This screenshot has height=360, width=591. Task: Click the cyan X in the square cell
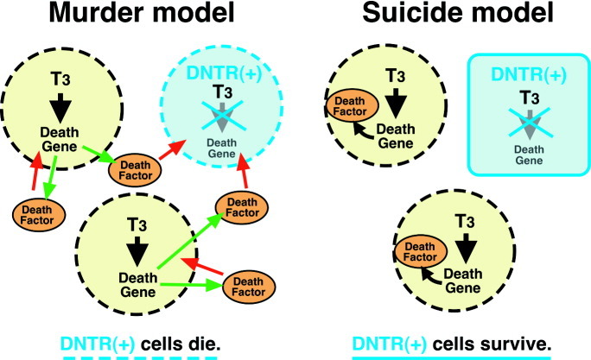[x=525, y=118]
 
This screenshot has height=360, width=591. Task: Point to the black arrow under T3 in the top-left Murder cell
[x=60, y=103]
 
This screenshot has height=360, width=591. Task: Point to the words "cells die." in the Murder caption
[x=184, y=344]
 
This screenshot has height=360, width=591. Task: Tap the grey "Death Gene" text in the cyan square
[x=524, y=153]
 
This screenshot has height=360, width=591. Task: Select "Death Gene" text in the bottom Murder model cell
[x=135, y=284]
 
